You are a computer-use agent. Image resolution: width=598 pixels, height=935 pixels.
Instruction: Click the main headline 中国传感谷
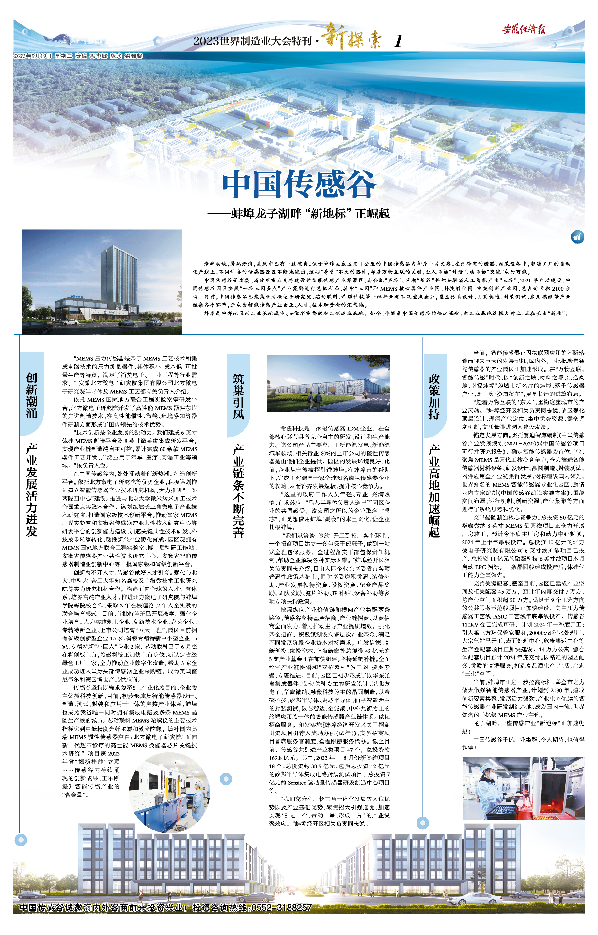[x=299, y=185]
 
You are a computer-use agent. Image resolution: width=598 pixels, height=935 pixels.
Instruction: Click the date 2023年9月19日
[x=33, y=56]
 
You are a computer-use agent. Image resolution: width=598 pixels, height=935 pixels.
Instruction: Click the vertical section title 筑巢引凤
[x=238, y=396]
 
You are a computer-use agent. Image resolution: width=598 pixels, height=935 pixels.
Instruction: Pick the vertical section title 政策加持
[x=434, y=396]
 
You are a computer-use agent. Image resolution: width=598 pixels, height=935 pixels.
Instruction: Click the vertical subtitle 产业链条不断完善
[x=238, y=492]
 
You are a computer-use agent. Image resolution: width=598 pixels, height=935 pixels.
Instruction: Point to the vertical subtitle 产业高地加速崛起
[x=434, y=492]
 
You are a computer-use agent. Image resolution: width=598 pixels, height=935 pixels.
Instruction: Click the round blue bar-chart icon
[x=577, y=236]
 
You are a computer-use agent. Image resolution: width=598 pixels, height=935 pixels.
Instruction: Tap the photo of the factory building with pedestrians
[x=328, y=383]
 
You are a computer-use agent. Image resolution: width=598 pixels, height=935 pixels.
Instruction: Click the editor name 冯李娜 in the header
[x=98, y=56]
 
